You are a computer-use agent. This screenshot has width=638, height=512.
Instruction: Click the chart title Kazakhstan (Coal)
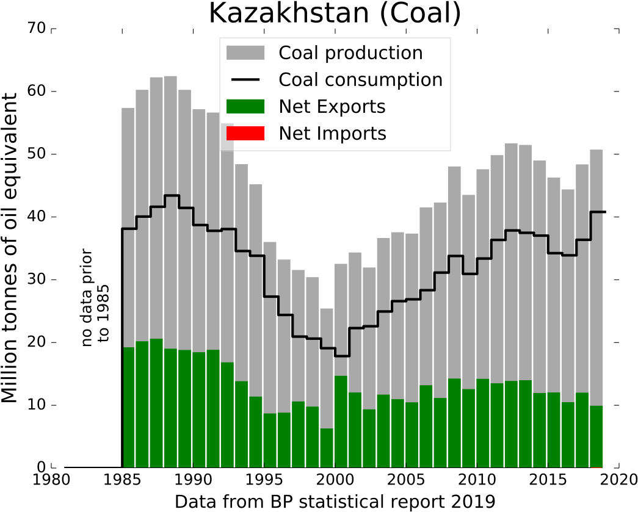click(x=335, y=13)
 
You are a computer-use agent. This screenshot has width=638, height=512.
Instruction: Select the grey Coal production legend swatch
click(x=245, y=53)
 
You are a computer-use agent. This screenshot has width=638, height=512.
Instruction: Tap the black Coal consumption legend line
click(x=245, y=80)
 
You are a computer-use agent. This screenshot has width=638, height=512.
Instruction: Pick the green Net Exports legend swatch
click(x=245, y=107)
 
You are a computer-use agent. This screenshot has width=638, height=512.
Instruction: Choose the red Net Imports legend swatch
click(x=245, y=134)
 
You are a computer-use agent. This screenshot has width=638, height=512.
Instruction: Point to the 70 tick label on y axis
click(x=36, y=28)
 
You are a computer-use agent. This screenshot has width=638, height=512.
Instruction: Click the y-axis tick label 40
click(x=36, y=217)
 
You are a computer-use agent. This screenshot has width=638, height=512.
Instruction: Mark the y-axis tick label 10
click(x=36, y=405)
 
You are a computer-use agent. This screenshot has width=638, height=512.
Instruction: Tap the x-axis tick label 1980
click(x=51, y=480)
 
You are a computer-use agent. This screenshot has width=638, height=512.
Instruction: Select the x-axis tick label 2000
click(x=335, y=480)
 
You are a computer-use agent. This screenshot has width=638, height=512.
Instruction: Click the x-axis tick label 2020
click(x=618, y=480)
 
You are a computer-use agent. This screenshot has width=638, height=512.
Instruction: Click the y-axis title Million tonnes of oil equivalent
click(x=10, y=248)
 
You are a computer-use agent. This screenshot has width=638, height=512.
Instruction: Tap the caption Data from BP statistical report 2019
click(x=335, y=502)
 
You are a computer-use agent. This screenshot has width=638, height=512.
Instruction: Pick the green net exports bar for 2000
click(x=341, y=422)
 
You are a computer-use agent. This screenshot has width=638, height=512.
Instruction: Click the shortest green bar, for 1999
click(x=327, y=448)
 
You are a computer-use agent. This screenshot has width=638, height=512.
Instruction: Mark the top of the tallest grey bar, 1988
click(x=170, y=76)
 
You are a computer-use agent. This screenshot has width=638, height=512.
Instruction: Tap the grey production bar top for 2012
click(x=511, y=143)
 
